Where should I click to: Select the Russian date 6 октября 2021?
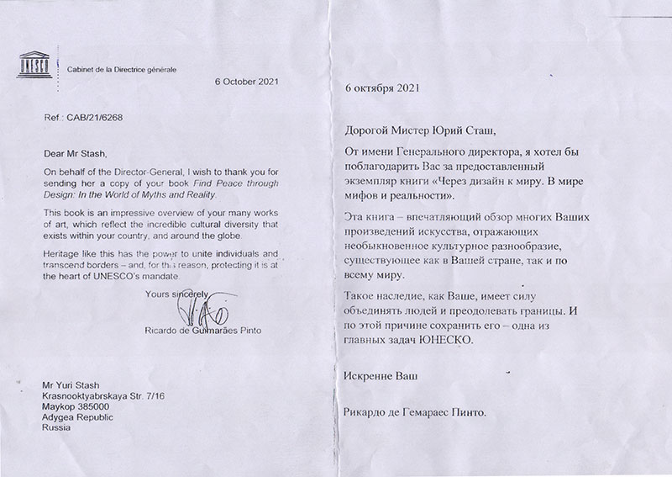click(x=381, y=87)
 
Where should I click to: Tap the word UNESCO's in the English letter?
click(x=112, y=276)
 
